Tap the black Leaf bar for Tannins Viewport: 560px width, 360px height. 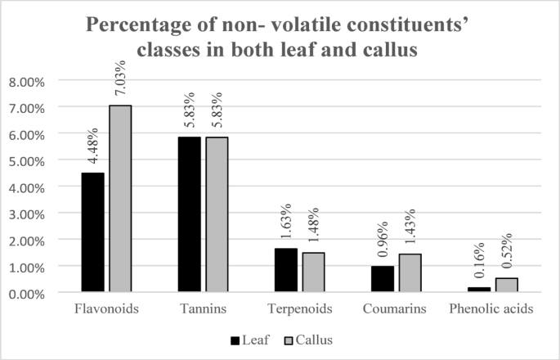189,214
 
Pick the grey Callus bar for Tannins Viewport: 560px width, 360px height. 217,214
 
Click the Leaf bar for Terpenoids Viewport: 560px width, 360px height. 285,270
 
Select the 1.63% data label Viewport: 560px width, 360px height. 286,222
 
